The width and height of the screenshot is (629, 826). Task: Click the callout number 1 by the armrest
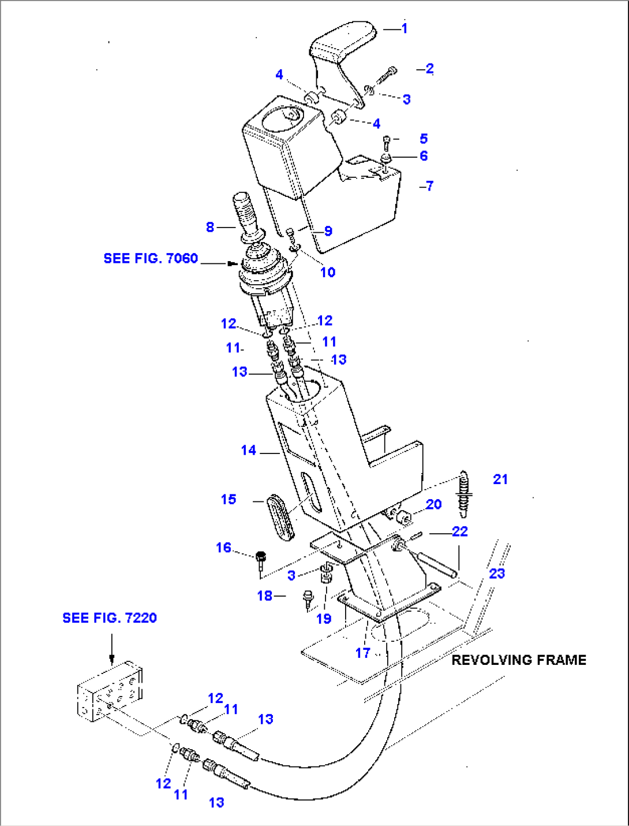[405, 28]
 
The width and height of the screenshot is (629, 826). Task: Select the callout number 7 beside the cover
[429, 186]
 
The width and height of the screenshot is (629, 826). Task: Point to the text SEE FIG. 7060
[151, 258]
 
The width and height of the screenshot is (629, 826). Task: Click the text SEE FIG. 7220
[110, 618]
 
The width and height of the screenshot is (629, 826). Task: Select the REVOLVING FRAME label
[518, 660]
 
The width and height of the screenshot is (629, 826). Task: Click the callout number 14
[249, 450]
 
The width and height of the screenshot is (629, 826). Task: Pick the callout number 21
[500, 479]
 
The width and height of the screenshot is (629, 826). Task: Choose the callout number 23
[497, 574]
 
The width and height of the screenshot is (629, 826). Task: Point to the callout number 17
[362, 653]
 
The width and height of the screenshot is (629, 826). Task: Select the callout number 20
[433, 504]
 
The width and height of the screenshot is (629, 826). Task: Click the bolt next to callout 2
[387, 76]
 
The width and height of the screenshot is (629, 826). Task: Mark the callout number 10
[328, 272]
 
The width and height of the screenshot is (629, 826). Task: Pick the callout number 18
[265, 596]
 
